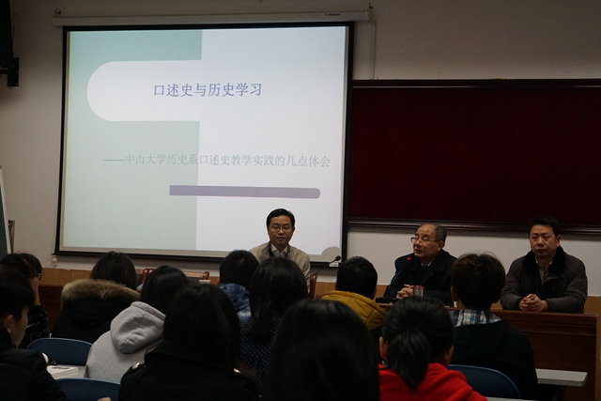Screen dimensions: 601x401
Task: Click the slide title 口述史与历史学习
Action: pos(208,90)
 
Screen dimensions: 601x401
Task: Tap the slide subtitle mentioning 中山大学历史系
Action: pos(217,161)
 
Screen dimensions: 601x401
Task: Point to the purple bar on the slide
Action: pos(244,192)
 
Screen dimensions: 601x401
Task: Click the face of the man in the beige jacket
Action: pos(281,228)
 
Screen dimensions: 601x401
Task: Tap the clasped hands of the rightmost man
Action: pos(532,302)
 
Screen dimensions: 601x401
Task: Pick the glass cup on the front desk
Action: pos(418,291)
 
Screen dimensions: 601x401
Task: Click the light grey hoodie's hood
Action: pos(137,326)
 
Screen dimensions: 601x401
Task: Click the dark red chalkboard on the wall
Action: pos(475,153)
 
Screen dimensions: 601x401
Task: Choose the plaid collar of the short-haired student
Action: pos(472,317)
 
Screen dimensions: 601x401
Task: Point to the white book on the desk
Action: pos(63,371)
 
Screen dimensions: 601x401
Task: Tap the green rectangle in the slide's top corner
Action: pos(135,45)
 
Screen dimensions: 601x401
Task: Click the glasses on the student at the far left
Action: pos(36,275)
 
